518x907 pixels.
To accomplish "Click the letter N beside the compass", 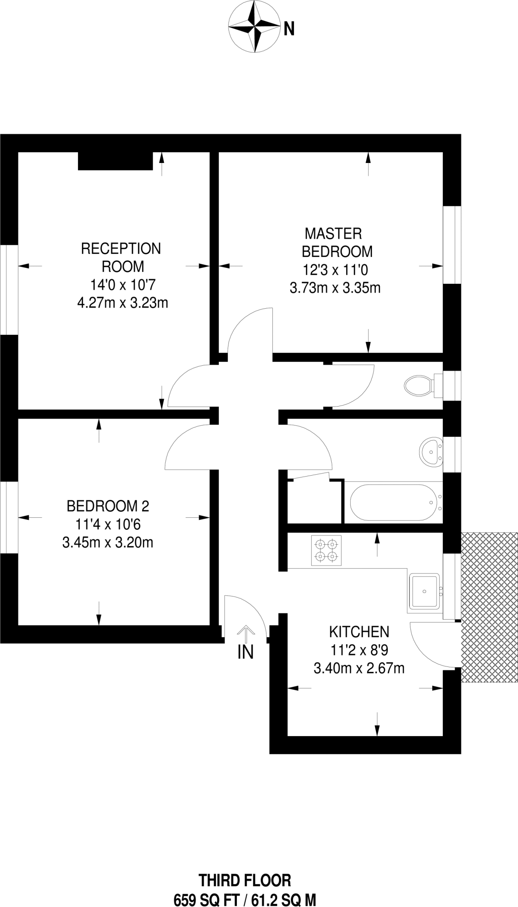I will tap(289, 29).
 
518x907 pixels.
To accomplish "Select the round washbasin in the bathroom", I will tap(430, 452).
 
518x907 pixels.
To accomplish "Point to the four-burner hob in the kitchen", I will tap(326, 550).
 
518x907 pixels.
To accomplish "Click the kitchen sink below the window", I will tap(424, 591).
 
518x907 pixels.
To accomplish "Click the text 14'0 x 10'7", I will tap(123, 284).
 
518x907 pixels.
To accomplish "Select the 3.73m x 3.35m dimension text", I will tap(335, 288).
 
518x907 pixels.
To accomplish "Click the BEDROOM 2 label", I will tap(108, 505).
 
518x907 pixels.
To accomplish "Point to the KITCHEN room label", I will tap(359, 632).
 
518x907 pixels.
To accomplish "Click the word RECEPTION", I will tap(121, 248).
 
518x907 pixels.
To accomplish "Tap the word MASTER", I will tap(333, 233).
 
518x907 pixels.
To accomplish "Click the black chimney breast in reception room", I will tap(115, 161).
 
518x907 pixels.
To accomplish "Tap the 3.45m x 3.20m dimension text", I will tap(108, 543).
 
